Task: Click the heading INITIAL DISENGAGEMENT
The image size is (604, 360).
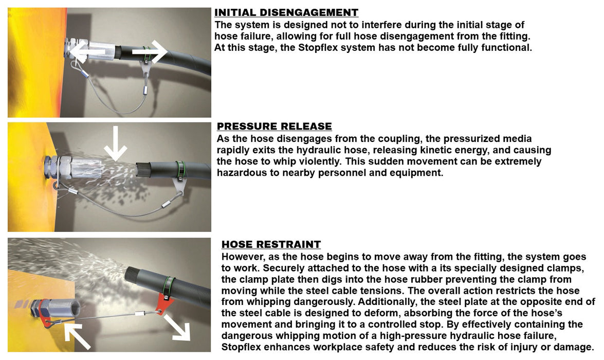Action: tap(286, 13)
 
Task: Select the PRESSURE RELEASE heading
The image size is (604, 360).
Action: tap(274, 127)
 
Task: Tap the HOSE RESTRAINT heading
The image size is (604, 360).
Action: tap(271, 245)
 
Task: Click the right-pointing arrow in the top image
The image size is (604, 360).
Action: tap(150, 51)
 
